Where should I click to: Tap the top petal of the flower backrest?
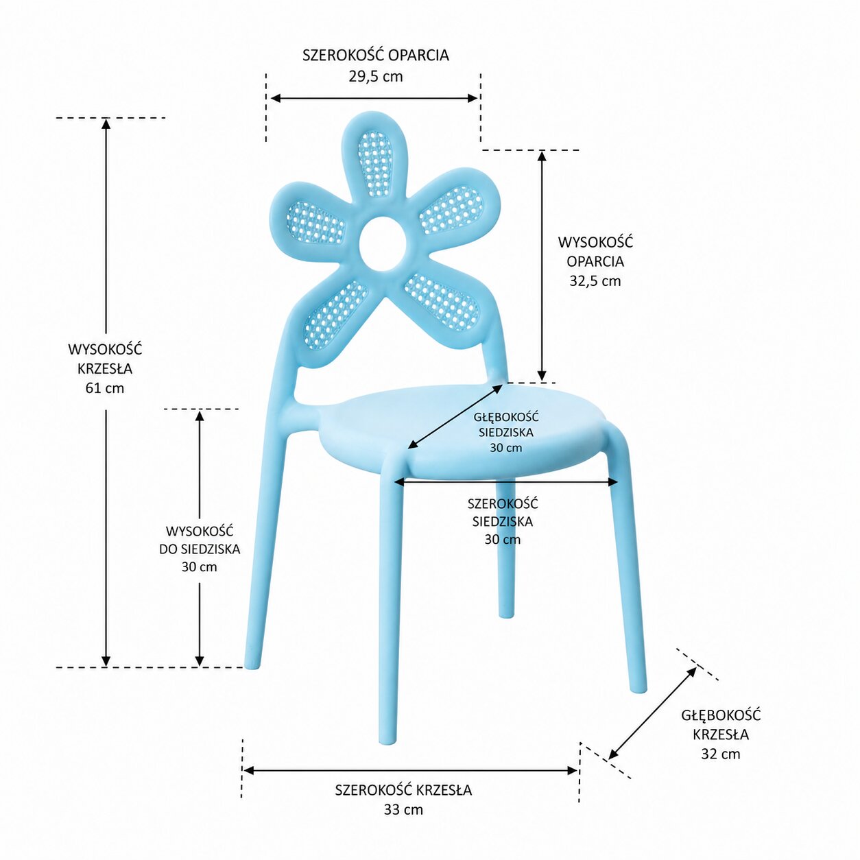click(x=374, y=162)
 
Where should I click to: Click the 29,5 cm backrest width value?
click(x=375, y=76)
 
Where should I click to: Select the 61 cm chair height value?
click(x=105, y=387)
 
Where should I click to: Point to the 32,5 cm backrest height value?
click(x=595, y=280)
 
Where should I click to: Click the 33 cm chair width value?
click(x=403, y=809)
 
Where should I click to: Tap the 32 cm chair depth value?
click(x=720, y=754)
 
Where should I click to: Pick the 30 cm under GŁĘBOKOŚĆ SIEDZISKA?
click(x=505, y=448)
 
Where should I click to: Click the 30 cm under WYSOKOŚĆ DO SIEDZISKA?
click(x=199, y=566)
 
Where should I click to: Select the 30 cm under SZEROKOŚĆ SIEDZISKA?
click(x=502, y=539)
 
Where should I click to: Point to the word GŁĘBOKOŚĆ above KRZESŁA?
click(x=721, y=715)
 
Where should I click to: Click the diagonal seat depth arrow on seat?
click(x=455, y=416)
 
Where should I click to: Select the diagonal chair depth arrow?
click(x=652, y=713)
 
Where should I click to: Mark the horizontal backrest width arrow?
click(x=374, y=98)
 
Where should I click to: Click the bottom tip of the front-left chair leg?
click(x=387, y=739)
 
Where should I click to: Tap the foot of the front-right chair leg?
click(x=638, y=687)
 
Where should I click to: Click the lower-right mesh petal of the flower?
click(x=442, y=302)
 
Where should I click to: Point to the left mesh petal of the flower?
click(x=315, y=222)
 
